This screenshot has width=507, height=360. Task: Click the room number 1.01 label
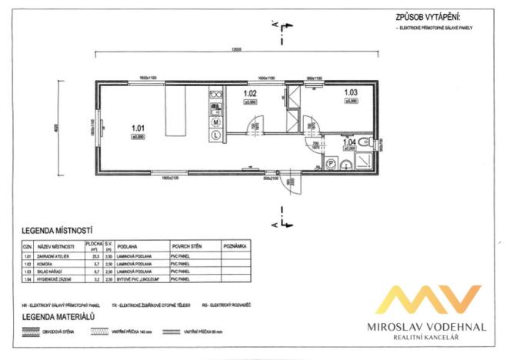(x=138, y=127)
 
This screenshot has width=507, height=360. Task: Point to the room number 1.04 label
(x=349, y=141)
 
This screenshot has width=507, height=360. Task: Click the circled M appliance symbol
(x=216, y=122)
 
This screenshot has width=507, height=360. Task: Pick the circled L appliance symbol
(x=216, y=134)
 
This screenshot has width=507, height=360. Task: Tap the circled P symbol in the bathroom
(x=330, y=162)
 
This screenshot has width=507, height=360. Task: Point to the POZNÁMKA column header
(x=234, y=247)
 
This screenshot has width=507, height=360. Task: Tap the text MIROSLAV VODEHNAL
(x=431, y=327)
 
